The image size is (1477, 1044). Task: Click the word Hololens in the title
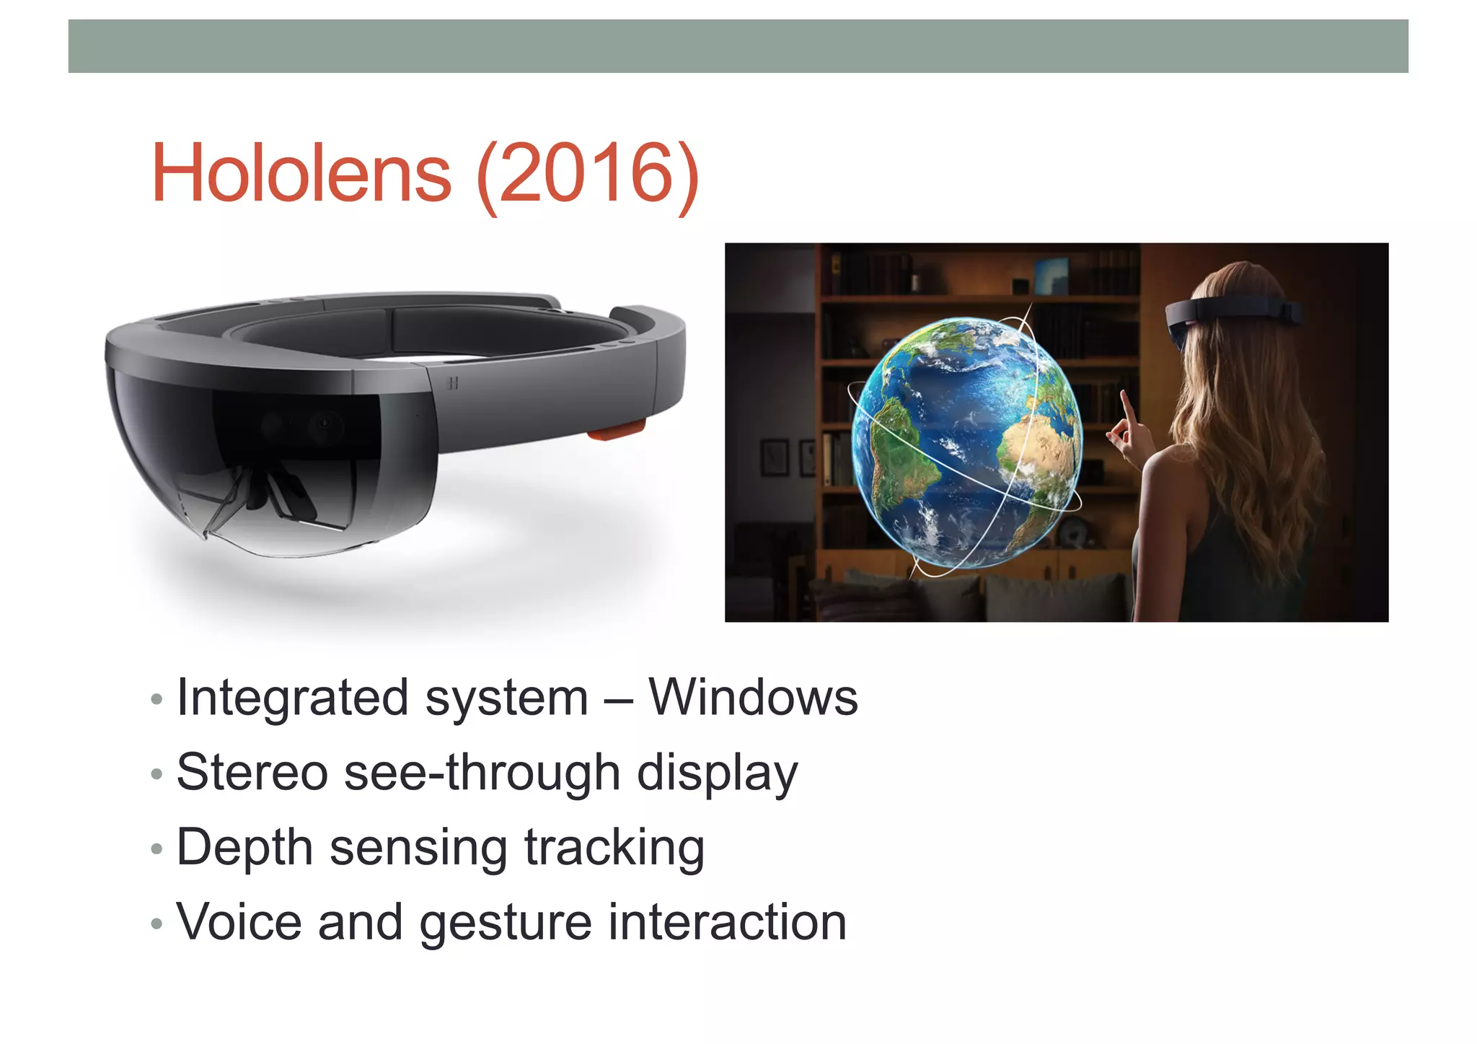coord(301,174)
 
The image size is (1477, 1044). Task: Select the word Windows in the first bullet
coord(753,698)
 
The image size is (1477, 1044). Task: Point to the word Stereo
coord(252,773)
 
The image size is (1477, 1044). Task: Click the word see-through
coord(482,773)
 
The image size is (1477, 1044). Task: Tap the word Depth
coord(244,848)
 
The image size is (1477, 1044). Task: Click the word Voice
coord(239,923)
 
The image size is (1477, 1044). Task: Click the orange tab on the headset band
coord(615,431)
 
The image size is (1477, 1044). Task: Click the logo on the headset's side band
coord(452,383)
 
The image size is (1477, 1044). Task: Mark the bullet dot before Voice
coord(156,924)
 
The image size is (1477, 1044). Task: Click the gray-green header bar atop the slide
coord(738,46)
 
